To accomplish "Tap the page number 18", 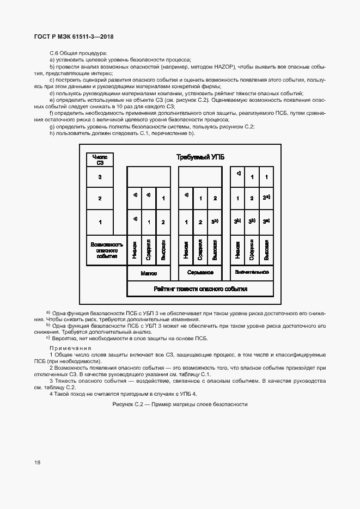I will pyautogui.click(x=38, y=463).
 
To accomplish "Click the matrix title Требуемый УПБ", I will pyautogui.click(x=200, y=157).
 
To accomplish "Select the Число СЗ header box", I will pyautogui.click(x=100, y=160).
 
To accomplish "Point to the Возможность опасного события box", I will pyautogui.click(x=107, y=250).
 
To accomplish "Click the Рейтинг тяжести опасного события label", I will pyautogui.click(x=200, y=289).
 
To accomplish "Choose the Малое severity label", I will pyautogui.click(x=149, y=273).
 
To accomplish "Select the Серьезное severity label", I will pyautogui.click(x=200, y=273).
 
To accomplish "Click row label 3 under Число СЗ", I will pyautogui.click(x=100, y=177).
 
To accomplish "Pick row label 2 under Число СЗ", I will pyautogui.click(x=100, y=199).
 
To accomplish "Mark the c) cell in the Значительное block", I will pyautogui.click(x=238, y=175).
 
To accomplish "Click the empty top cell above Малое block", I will pyautogui.click(x=149, y=177).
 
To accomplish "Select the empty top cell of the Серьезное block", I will pyautogui.click(x=200, y=177).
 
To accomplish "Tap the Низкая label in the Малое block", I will pyautogui.click(x=134, y=250).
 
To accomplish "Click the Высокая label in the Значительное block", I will pyautogui.click(x=266, y=250).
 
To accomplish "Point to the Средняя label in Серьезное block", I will pyautogui.click(x=200, y=250).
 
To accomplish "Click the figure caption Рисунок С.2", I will pyautogui.click(x=180, y=404).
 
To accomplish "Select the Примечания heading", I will pyautogui.click(x=71, y=348).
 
